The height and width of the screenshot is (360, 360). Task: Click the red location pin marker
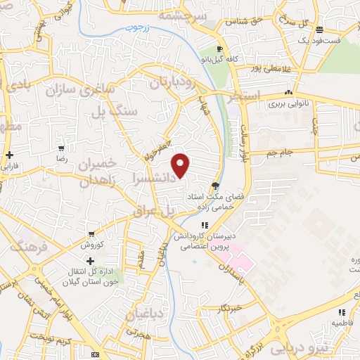pyautogui.click(x=181, y=165)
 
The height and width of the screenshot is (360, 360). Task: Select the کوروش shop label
pyautogui.click(x=92, y=245)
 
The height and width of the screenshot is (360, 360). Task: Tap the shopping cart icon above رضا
pyautogui.click(x=62, y=148)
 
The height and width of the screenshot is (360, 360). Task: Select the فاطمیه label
pyautogui.click(x=342, y=323)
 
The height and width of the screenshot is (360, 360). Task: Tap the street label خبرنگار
pyautogui.click(x=229, y=307)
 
